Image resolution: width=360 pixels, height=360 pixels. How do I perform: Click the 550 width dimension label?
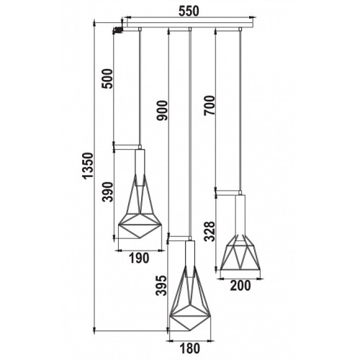click(x=189, y=11)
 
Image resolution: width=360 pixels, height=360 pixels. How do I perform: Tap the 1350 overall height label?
click(x=87, y=166)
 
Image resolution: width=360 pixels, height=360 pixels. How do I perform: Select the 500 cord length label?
click(x=107, y=79)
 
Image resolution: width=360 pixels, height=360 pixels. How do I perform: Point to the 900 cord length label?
click(x=161, y=110)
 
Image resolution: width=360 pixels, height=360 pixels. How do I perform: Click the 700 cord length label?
click(x=210, y=105)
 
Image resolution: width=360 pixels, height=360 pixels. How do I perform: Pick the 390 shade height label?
click(x=107, y=192)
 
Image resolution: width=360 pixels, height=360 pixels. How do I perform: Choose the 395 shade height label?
click(x=161, y=285)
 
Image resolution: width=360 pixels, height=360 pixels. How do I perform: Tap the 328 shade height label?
click(x=210, y=231)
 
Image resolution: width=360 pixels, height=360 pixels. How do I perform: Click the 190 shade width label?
click(x=139, y=258)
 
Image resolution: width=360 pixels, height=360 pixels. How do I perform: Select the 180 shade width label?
click(x=189, y=348)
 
